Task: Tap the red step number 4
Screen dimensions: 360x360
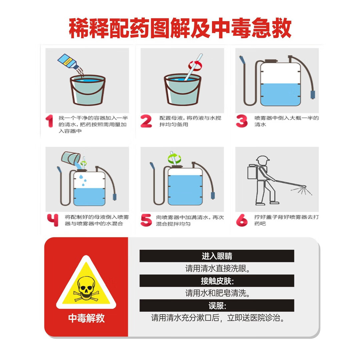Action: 53,220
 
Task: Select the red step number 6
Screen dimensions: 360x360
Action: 242,220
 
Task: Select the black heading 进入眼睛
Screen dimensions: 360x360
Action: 217,256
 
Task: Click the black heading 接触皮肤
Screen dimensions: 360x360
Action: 217,281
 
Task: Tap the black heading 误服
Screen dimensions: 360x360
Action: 217,305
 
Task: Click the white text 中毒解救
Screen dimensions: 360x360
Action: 86,318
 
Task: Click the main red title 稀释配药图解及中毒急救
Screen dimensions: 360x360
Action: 180,28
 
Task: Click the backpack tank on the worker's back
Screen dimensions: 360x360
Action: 252,172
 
